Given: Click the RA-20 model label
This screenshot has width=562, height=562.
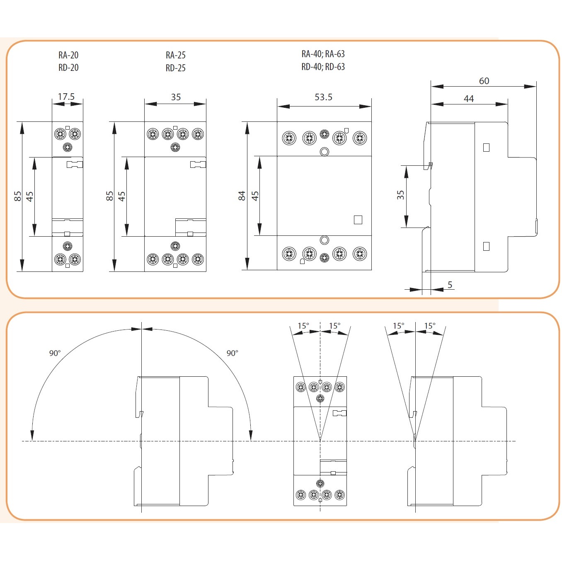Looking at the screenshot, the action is pyautogui.click(x=68, y=55).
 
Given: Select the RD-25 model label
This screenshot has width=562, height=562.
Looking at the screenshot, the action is pyautogui.click(x=175, y=68).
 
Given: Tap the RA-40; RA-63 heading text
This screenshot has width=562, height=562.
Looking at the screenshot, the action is pyautogui.click(x=323, y=54).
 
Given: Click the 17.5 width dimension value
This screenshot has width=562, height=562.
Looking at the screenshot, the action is pyautogui.click(x=66, y=97).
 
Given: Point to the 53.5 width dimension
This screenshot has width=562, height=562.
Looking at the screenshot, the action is pyautogui.click(x=323, y=97).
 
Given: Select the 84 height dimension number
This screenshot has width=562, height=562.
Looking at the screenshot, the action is pyautogui.click(x=242, y=196).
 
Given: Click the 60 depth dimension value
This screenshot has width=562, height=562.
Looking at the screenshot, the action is pyautogui.click(x=484, y=81).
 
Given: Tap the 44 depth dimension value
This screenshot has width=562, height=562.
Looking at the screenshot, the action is pyautogui.click(x=468, y=99).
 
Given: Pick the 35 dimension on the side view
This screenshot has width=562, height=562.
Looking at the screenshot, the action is pyautogui.click(x=400, y=195).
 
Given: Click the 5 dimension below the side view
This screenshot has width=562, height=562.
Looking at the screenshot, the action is pyautogui.click(x=450, y=285).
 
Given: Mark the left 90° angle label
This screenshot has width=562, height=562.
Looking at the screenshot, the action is pyautogui.click(x=55, y=353).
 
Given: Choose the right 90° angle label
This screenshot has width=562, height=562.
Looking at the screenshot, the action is pyautogui.click(x=232, y=353).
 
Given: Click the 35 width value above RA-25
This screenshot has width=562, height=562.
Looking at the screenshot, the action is pyautogui.click(x=176, y=97).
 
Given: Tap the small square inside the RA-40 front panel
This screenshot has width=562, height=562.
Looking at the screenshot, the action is pyautogui.click(x=358, y=220).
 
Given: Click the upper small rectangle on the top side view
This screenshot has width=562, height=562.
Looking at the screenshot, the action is pyautogui.click(x=486, y=148).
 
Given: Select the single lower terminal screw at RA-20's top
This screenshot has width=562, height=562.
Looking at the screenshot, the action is pyautogui.click(x=68, y=147).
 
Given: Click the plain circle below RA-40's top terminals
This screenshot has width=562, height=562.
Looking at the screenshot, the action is pyautogui.click(x=324, y=152).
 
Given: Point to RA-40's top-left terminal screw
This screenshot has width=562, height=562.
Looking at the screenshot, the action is pyautogui.click(x=289, y=138).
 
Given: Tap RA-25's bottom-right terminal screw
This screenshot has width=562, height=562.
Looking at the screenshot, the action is pyautogui.click(x=198, y=259).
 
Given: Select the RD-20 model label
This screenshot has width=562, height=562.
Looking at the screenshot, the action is pyautogui.click(x=68, y=68).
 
